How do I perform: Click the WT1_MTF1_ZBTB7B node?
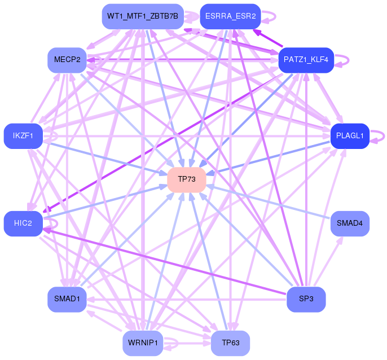(x=143, y=16)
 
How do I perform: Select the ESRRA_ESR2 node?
(x=230, y=16)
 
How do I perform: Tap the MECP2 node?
(x=67, y=60)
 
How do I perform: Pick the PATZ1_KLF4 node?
(x=306, y=60)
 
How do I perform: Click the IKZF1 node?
(x=23, y=136)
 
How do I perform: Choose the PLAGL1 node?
(x=350, y=136)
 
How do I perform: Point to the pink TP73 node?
(x=187, y=179)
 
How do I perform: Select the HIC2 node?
(x=23, y=223)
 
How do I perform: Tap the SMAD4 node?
(x=350, y=223)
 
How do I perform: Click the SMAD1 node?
(x=67, y=299)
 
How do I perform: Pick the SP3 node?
(x=306, y=299)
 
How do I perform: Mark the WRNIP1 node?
(x=143, y=343)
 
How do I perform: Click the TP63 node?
(x=230, y=343)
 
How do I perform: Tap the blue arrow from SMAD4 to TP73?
(x=269, y=202)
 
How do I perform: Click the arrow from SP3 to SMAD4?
(x=328, y=261)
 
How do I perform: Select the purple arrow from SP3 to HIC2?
(x=165, y=261)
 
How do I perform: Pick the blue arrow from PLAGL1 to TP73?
(x=269, y=158)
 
